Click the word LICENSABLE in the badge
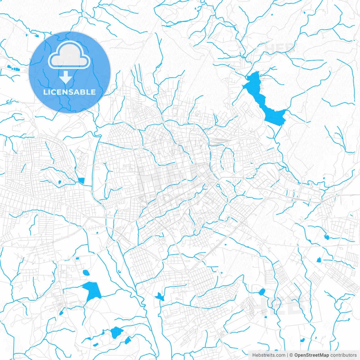(69, 92)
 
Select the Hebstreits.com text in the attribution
(269, 355)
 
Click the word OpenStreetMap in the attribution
(311, 355)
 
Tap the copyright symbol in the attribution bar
(291, 355)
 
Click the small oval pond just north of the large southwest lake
(86, 272)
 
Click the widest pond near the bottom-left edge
(116, 332)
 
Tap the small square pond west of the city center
(81, 181)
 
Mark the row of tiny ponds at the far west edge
(14, 68)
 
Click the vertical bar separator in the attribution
(287, 355)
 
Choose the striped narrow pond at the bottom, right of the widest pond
(128, 340)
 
